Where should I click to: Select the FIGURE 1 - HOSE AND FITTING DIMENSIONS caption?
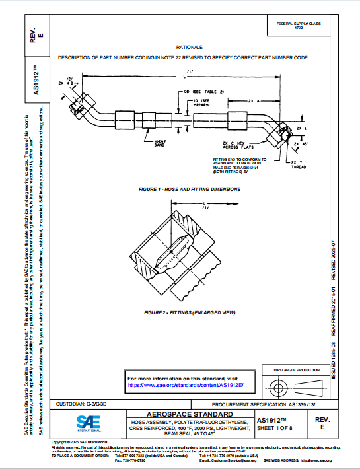[189, 189]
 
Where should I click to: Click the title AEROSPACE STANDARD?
[188, 413]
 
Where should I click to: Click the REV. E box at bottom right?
[322, 423]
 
